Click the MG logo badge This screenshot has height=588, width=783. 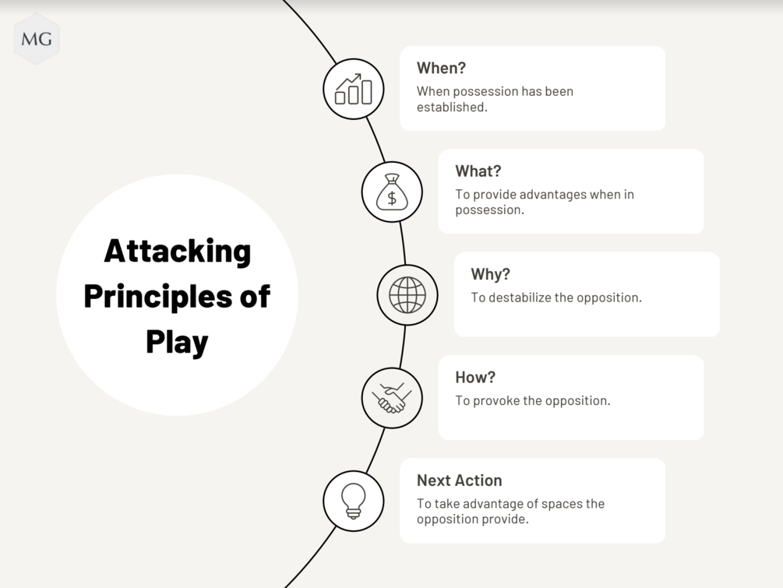tap(37, 39)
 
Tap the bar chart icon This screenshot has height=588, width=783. tap(354, 89)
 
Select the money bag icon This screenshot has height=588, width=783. tap(392, 192)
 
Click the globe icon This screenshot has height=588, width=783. tap(407, 295)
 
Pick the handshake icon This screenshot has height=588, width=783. tap(392, 398)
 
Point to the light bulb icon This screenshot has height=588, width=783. tap(354, 501)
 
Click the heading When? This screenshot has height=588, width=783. tap(441, 68)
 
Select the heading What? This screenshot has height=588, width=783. tap(478, 171)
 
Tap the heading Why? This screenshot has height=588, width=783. tap(490, 274)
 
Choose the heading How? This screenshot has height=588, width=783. tap(475, 377)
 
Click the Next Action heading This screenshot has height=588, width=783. tap(459, 481)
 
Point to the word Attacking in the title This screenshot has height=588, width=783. tap(178, 251)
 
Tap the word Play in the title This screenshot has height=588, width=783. tap(177, 342)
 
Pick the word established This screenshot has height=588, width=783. tap(452, 107)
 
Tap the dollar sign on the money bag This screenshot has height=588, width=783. tap(392, 198)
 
